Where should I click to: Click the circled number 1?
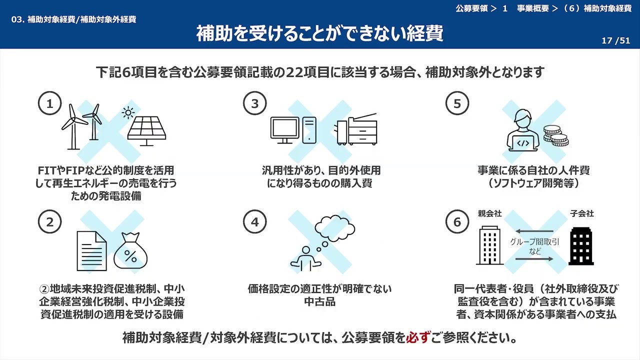pyautogui.click(x=49, y=103)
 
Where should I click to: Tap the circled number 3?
pyautogui.click(x=255, y=103)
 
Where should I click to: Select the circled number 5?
pyautogui.click(x=457, y=103)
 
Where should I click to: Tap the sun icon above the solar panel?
pyautogui.click(x=128, y=113)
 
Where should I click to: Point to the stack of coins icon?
pyautogui.click(x=555, y=136)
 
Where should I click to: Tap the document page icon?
pyautogui.click(x=91, y=251)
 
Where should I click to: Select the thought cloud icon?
pyautogui.click(x=335, y=228)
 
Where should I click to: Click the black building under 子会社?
pyautogui.click(x=581, y=246)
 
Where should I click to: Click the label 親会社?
pyautogui.click(x=489, y=214)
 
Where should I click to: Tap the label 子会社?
pyautogui.click(x=581, y=214)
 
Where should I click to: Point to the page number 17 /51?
pyautogui.click(x=615, y=41)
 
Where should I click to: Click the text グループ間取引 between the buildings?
pyautogui.click(x=534, y=242)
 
